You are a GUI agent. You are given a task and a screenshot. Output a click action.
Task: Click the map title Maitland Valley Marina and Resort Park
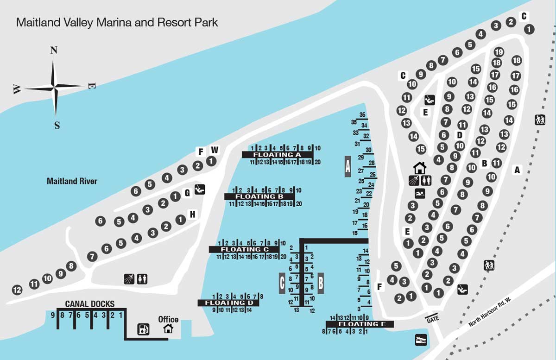(117, 23)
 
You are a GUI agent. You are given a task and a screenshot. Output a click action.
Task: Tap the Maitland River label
(72, 181)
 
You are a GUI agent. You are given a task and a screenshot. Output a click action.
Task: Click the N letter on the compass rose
(54, 51)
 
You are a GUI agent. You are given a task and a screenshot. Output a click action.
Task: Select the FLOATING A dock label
(277, 155)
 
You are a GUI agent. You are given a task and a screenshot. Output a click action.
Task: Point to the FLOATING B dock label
(259, 196)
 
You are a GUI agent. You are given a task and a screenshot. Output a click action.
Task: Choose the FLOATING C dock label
(244, 249)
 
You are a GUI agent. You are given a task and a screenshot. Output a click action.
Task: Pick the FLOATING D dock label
(228, 303)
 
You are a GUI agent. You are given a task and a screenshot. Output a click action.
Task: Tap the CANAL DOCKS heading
(89, 304)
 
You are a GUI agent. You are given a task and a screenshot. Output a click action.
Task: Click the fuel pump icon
(143, 329)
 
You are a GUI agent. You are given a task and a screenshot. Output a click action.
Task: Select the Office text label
(168, 319)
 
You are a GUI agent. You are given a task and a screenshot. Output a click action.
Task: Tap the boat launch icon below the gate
(421, 340)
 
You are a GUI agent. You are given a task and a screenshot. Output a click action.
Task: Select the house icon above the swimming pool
(420, 167)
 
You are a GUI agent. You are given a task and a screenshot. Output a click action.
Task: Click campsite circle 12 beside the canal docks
(17, 290)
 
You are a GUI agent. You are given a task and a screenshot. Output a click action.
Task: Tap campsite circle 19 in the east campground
(499, 52)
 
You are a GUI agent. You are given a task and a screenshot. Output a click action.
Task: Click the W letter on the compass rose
(17, 89)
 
